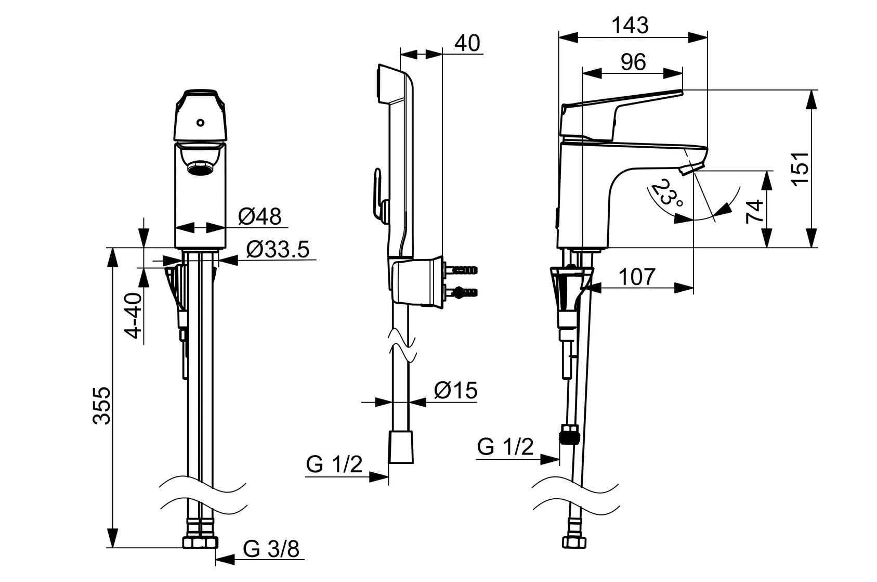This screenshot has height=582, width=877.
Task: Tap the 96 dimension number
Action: [x=633, y=62]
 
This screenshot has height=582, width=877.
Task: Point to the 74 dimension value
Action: [x=754, y=212]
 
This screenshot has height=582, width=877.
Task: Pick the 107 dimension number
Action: [x=637, y=277]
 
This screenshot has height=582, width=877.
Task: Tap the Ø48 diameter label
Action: [x=260, y=216]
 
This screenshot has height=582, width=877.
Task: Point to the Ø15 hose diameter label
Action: [x=456, y=390]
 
